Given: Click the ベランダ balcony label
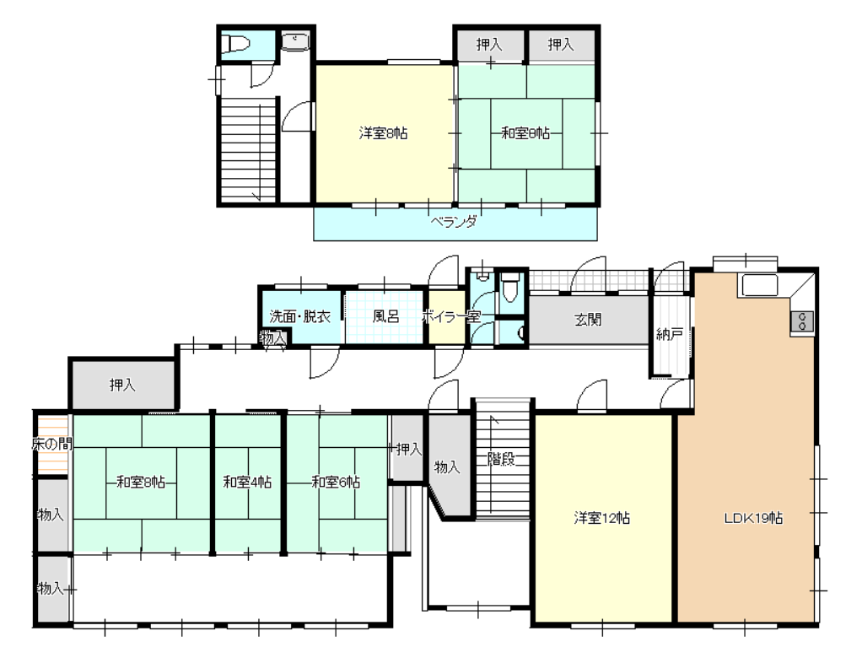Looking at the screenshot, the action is click(454, 222).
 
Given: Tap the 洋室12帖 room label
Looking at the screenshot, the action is click(602, 518).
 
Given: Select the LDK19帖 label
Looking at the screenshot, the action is click(753, 518).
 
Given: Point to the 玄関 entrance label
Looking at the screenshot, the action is click(588, 320).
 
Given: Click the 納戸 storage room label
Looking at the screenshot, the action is click(670, 334).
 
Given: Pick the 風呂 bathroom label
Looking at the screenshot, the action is click(386, 316).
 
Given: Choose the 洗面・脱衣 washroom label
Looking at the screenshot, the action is click(299, 316).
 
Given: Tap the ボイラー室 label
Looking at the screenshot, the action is click(450, 316).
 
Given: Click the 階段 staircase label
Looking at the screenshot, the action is click(501, 459).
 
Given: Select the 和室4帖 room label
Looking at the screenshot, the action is click(247, 483).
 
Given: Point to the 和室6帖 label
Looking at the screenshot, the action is click(336, 483).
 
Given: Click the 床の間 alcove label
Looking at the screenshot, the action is click(51, 444).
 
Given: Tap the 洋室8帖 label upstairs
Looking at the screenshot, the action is click(383, 133).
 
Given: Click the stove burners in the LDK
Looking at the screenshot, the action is click(802, 321).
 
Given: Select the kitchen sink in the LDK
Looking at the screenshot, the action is click(760, 285).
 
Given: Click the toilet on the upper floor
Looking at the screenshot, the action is click(235, 43).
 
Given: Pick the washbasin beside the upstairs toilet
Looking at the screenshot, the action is click(296, 41).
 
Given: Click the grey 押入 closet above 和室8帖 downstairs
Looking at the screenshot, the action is click(122, 385).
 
